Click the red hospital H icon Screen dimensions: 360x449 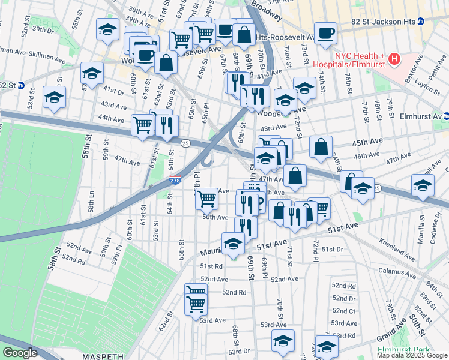pos(394,58)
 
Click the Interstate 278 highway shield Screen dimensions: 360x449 pos(175,180)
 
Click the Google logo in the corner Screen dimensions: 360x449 pos(20,353)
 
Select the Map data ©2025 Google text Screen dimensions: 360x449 pos(412,355)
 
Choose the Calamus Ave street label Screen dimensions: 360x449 pos(399,271)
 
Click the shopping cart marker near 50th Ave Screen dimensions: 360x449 pos(206,197)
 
